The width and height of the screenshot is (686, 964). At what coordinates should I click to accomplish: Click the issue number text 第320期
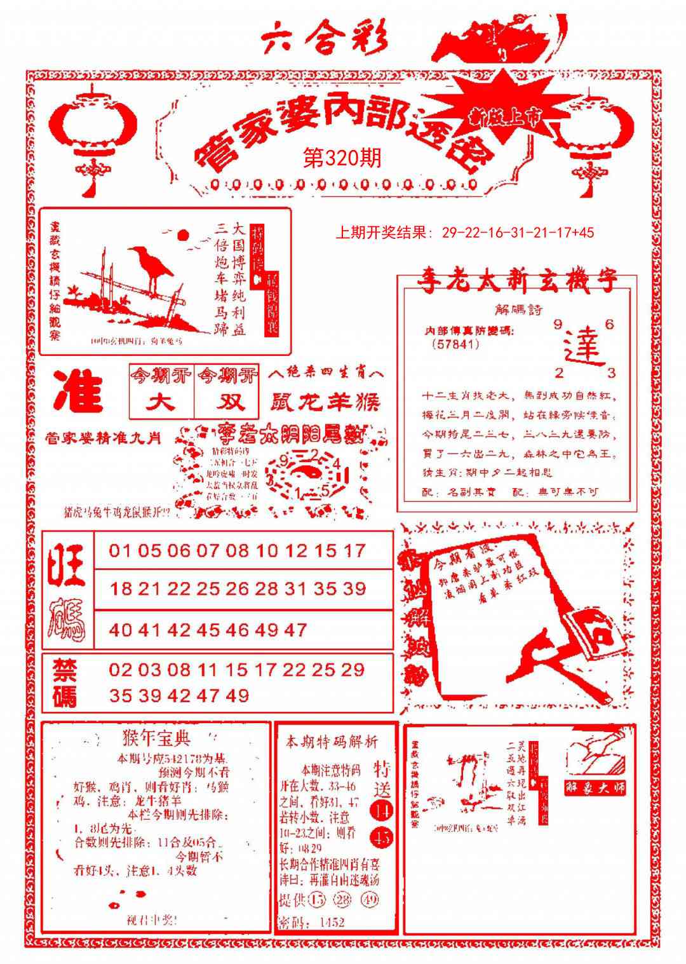(x=343, y=158)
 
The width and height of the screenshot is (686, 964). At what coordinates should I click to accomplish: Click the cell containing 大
(x=161, y=402)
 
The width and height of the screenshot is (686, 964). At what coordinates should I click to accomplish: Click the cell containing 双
(x=226, y=402)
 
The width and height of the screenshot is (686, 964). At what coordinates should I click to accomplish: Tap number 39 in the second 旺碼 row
(x=353, y=589)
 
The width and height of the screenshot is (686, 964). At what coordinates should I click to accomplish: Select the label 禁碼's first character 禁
(x=65, y=670)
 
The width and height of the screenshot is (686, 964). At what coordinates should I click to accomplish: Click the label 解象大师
(x=596, y=787)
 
